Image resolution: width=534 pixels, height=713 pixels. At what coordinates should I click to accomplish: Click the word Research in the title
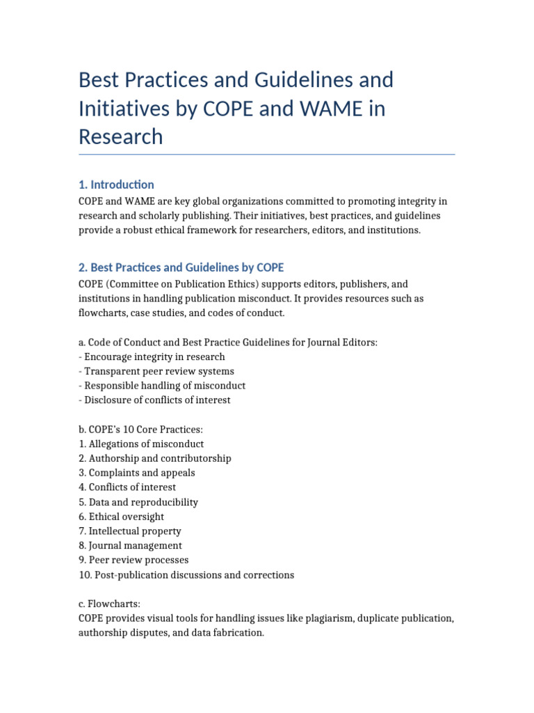click(121, 137)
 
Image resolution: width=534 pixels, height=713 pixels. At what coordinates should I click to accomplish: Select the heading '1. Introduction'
click(116, 185)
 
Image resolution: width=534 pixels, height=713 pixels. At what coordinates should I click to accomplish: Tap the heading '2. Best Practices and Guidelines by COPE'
click(181, 267)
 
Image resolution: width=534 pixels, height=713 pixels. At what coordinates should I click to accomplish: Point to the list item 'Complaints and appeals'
click(137, 473)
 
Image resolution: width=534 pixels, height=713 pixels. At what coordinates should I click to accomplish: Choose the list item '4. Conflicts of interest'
click(127, 487)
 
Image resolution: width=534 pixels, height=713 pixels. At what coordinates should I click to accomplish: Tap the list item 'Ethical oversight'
click(122, 517)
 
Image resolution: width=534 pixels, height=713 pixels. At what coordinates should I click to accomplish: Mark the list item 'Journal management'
click(131, 546)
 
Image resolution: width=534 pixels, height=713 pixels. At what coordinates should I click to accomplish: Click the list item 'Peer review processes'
click(133, 561)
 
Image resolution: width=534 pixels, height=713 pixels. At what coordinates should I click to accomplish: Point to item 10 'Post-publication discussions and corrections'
click(186, 575)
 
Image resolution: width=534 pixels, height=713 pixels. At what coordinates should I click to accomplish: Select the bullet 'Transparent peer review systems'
click(156, 371)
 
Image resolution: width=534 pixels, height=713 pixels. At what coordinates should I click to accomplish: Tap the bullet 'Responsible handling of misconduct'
click(162, 386)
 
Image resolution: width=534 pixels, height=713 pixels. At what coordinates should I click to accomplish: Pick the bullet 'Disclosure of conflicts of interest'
click(154, 400)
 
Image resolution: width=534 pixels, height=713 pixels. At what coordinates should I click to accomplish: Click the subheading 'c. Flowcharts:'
click(110, 604)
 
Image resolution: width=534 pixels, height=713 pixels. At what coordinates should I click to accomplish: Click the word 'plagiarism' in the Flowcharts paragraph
click(314, 618)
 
